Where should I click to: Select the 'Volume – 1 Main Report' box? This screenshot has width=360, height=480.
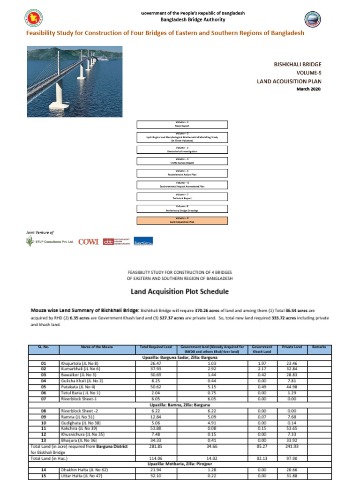(182, 124)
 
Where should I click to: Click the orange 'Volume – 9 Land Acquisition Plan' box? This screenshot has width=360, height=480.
(182, 220)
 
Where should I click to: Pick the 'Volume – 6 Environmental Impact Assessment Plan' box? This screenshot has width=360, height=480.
(182, 185)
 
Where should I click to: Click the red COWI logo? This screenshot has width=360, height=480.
(88, 241)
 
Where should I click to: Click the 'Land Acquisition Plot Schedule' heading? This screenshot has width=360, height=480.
(180, 292)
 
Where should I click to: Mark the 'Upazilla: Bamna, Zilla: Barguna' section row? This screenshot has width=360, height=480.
(180, 405)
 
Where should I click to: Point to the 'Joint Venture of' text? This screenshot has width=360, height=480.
(40, 232)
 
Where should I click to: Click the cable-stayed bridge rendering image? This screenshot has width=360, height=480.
(75, 78)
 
